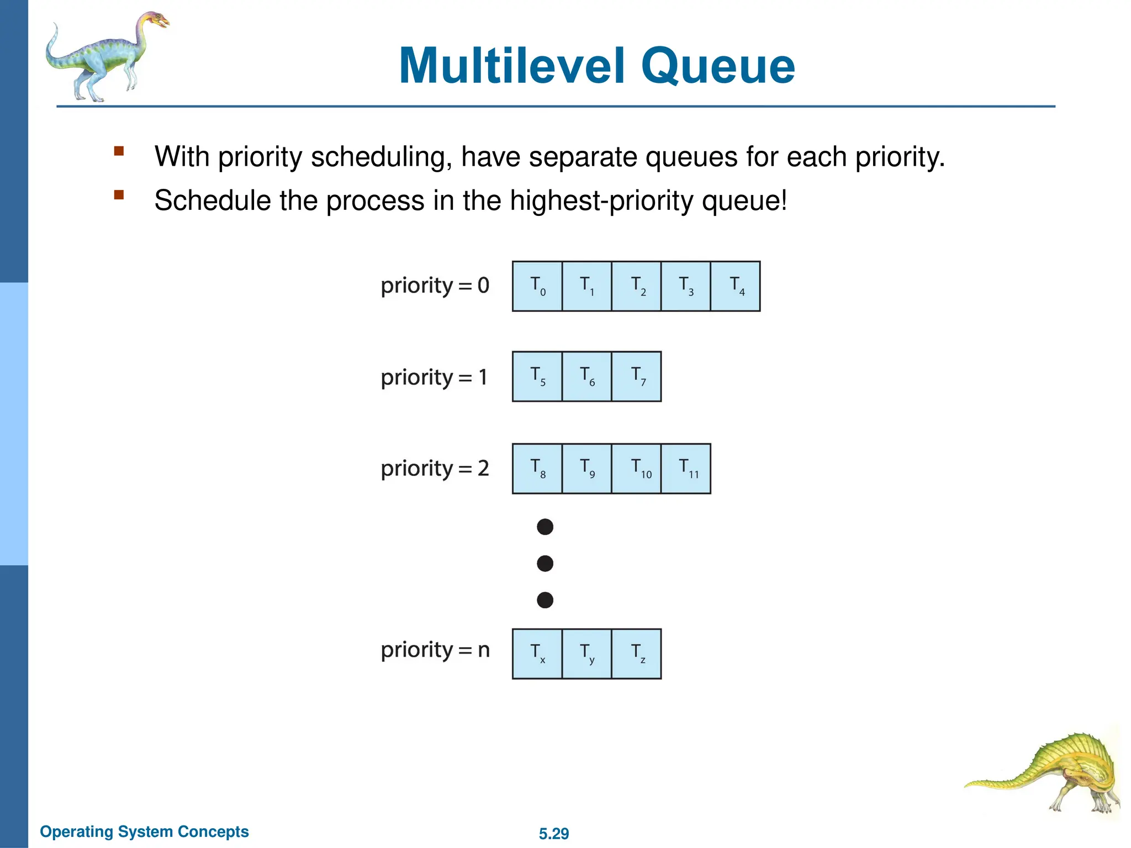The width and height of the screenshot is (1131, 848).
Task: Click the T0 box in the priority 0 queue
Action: point(537,287)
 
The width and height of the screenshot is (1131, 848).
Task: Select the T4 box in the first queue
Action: point(735,287)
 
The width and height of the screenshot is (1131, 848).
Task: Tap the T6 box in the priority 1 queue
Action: point(587,377)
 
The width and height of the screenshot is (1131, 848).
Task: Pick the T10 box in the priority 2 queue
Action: point(636,469)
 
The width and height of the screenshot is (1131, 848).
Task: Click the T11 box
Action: point(686,469)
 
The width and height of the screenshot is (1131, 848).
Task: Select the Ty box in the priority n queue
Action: point(587,654)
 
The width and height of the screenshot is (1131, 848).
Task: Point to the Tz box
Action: point(636,654)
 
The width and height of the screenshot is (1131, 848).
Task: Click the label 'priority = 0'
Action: point(435,286)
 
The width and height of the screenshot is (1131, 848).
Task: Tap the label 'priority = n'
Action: point(435,650)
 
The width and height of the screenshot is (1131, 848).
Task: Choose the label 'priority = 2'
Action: point(435,469)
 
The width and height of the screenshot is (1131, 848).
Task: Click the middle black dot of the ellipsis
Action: point(545,564)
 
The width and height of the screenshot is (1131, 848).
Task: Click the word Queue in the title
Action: point(717,66)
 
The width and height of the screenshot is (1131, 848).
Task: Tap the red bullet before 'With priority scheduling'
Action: point(119,151)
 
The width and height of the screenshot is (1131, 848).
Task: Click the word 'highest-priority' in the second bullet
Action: point(601,200)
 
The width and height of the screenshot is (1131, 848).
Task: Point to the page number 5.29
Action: point(554,834)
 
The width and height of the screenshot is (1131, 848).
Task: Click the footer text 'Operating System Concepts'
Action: point(144,831)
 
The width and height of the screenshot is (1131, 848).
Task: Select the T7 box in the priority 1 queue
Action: point(636,377)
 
